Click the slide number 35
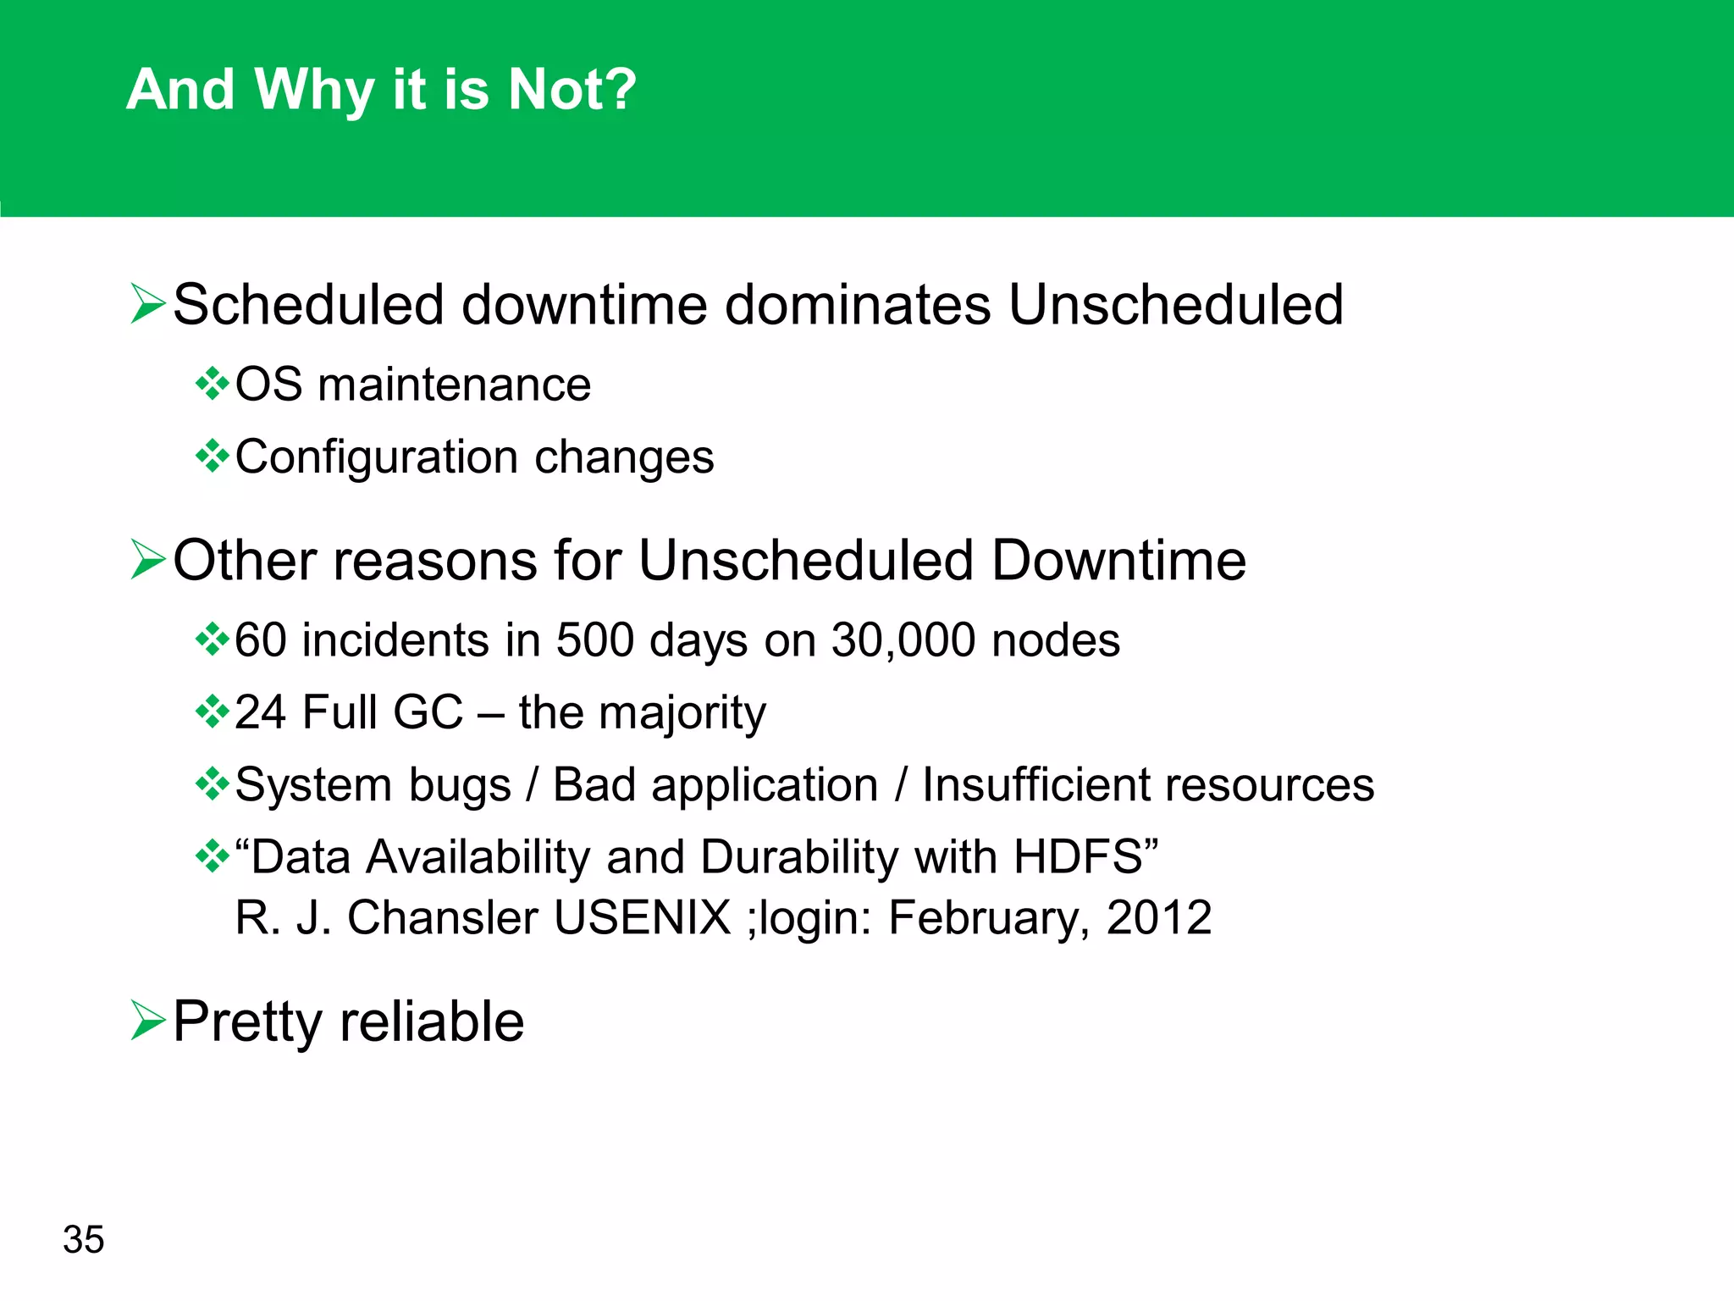[83, 1239]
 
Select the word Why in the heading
[313, 91]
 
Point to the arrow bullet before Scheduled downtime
[148, 304]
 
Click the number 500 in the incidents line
[594, 640]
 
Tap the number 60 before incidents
[260, 640]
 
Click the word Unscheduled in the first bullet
[1175, 304]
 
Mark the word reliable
[432, 1021]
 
